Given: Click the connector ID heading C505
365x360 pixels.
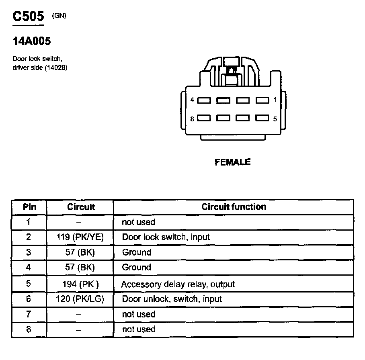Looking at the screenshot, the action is tap(28, 16).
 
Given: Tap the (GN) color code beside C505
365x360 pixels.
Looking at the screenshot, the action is tap(59, 16).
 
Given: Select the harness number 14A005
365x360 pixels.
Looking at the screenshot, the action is tap(32, 41).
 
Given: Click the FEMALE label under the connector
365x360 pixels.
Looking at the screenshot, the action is tap(233, 162).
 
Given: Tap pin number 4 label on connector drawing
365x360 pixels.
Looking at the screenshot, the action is tap(193, 100).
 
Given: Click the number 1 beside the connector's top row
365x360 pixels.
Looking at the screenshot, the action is tap(275, 100).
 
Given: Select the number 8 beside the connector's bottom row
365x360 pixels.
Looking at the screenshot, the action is tap(193, 119).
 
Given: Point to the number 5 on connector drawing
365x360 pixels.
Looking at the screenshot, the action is tap(275, 119).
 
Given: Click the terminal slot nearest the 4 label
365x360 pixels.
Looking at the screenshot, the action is tap(204, 100).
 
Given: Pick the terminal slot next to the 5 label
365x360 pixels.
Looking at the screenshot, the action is tap(262, 119).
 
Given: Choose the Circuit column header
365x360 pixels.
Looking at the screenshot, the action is tap(81, 207).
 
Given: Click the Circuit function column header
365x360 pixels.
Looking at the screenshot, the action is tap(234, 207).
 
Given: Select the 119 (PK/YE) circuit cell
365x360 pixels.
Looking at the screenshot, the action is tap(80, 237).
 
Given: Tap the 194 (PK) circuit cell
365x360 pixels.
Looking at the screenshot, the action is tap(80, 284).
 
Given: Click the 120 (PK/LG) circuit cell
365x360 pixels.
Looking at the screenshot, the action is tap(80, 299).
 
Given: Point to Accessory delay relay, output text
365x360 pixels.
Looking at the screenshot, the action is tap(178, 284).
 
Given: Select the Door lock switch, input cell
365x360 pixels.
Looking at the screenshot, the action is tap(166, 237).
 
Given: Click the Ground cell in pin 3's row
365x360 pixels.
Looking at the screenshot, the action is tap(136, 252).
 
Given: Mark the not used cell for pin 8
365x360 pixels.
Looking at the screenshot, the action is tap(138, 329).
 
